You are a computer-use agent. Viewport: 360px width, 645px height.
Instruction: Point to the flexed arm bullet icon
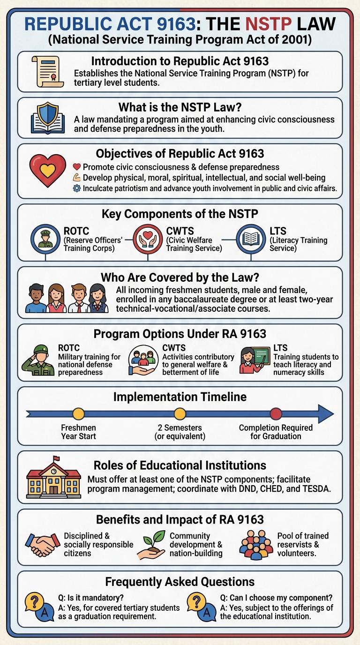77,178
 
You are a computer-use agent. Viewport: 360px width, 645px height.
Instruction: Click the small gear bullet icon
77,188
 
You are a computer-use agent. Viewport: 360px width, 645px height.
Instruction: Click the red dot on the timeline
276,414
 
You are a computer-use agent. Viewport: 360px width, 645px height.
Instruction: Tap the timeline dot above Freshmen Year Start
79,414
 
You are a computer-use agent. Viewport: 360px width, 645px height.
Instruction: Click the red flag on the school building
56,458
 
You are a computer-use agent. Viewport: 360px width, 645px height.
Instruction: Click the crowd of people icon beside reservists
256,544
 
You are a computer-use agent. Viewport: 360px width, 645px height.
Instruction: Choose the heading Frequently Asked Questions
180,582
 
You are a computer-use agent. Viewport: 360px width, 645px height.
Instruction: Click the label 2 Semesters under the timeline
180,428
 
